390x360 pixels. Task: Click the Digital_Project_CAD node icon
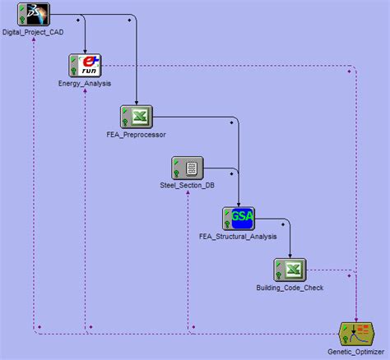tap(34, 14)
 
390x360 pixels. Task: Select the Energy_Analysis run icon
tap(85, 65)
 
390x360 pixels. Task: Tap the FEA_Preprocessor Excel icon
tap(136, 116)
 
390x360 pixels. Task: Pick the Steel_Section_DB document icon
tap(187, 168)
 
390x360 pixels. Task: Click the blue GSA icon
tap(239, 219)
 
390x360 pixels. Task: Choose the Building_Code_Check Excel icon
tap(290, 270)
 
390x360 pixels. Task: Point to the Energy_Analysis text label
tap(85, 83)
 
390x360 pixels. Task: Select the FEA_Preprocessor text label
tap(136, 134)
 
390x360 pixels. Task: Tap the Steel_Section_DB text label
tap(187, 185)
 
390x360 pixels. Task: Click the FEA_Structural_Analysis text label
tap(239, 237)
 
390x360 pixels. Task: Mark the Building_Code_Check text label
tap(290, 288)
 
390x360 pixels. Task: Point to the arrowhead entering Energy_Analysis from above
tap(86, 49)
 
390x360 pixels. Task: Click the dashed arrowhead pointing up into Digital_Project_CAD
tap(34, 40)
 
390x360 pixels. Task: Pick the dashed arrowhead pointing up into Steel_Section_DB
tap(188, 194)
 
